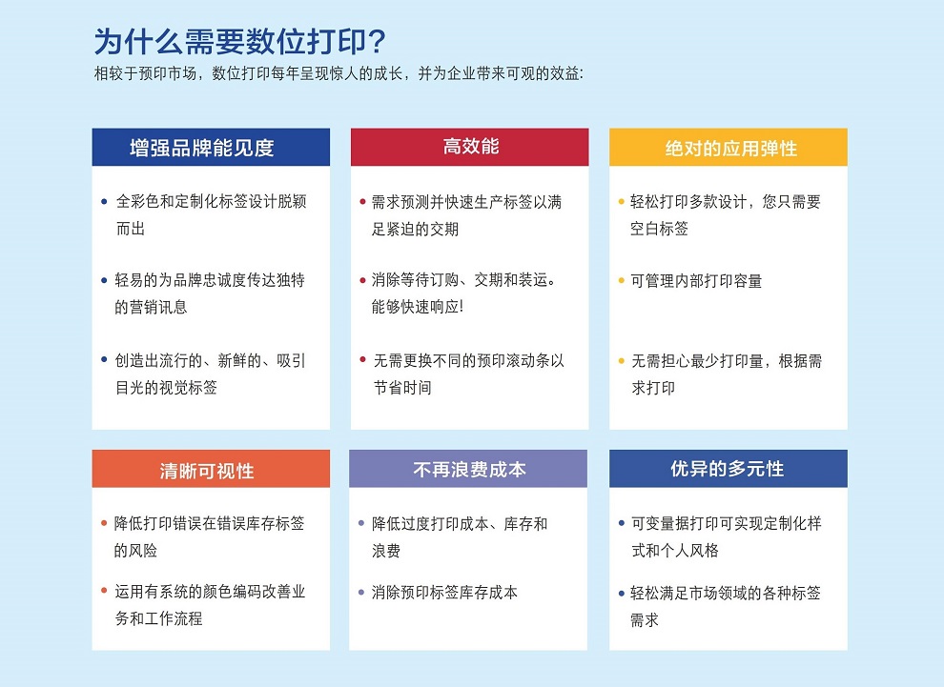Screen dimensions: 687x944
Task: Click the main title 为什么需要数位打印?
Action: [239, 42]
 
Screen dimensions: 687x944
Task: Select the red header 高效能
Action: [470, 146]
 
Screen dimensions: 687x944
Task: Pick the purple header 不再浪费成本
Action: [469, 469]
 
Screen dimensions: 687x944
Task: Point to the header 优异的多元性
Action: [728, 469]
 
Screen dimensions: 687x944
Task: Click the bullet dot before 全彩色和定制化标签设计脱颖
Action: [104, 202]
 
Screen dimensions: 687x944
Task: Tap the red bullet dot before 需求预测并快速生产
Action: [362, 202]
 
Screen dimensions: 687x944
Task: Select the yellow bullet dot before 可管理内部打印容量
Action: [621, 281]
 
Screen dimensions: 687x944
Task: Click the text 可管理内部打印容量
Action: [696, 281]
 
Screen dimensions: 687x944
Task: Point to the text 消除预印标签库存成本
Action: [444, 592]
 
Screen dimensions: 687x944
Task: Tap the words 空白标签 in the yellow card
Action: [659, 229]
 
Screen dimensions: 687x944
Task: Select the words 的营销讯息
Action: [151, 307]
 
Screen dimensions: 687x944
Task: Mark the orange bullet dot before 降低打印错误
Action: [104, 523]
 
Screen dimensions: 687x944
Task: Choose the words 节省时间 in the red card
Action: [401, 388]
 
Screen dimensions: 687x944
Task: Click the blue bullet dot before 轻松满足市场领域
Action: [621, 592]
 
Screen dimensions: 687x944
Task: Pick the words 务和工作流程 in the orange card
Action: [159, 618]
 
